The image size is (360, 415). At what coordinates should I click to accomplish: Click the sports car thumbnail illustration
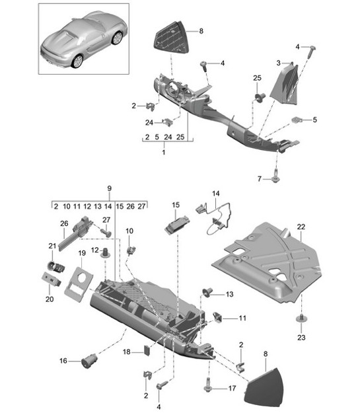pos(83,40)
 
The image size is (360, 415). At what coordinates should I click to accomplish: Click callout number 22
pos(301,227)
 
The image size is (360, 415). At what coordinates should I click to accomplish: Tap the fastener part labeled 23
pos(301,321)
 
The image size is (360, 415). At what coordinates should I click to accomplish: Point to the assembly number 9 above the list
pos(110,188)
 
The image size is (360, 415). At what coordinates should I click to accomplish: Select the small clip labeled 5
pos(299,121)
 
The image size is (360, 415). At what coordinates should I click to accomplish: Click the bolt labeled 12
pos(104,252)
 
